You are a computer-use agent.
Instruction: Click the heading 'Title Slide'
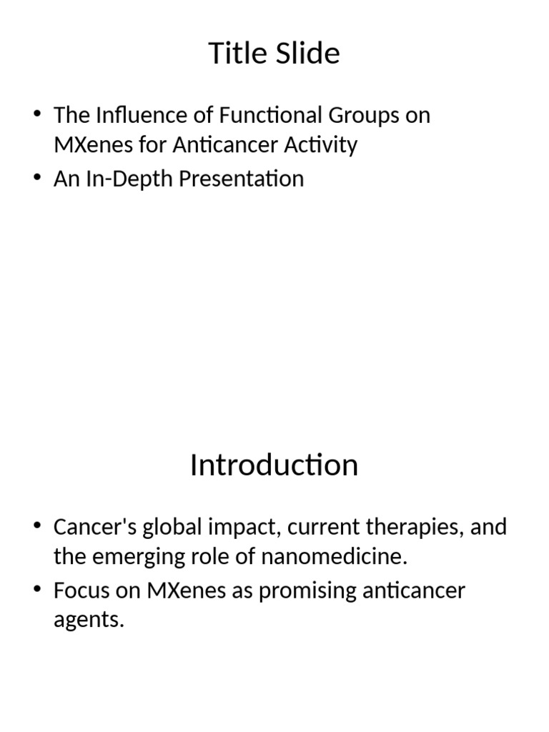tap(274, 54)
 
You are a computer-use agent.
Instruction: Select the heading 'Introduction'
tap(274, 465)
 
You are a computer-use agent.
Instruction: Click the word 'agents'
tap(89, 621)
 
